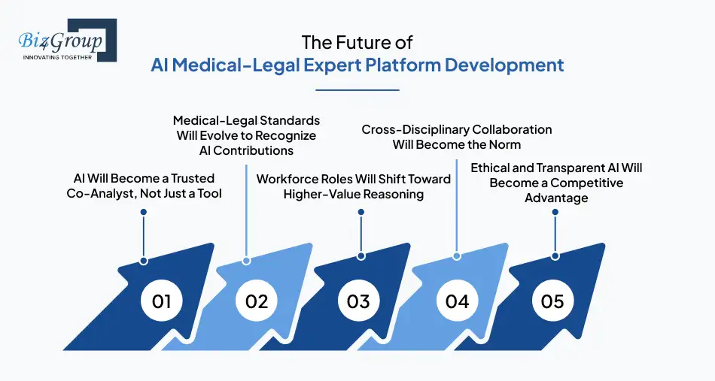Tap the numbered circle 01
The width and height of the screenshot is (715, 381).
[162, 301]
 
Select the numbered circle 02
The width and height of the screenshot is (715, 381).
[257, 301]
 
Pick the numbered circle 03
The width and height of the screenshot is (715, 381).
[358, 301]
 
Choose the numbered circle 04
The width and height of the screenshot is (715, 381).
[457, 301]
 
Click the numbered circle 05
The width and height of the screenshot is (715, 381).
[552, 301]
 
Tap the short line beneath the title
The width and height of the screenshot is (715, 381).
[357, 90]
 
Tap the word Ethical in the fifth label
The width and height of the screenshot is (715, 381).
[491, 168]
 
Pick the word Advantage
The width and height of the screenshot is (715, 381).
[556, 198]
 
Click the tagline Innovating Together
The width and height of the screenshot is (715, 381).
[57, 56]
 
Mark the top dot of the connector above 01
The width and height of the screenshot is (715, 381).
[144, 212]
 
